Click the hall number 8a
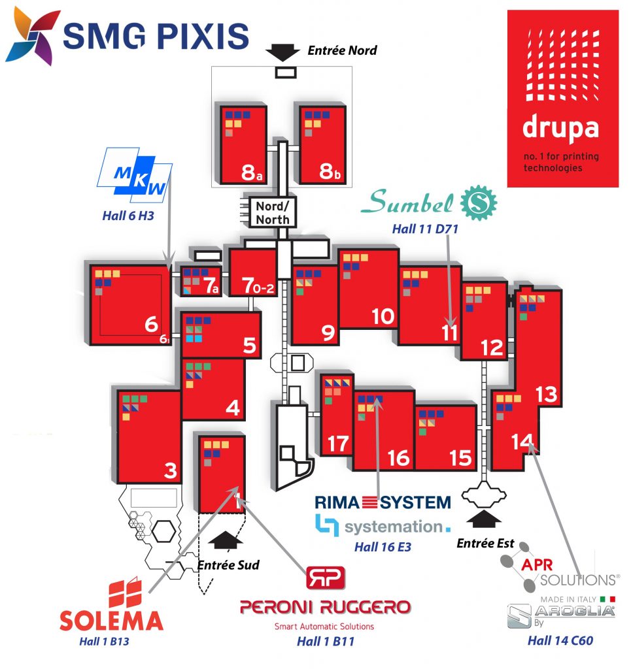(x=250, y=172)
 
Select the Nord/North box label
(x=272, y=212)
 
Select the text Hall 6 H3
(x=128, y=214)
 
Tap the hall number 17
(x=337, y=444)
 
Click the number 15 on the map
(x=461, y=458)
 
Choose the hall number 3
(x=170, y=470)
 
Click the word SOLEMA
(x=111, y=619)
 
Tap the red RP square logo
(x=326, y=578)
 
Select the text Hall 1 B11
(x=325, y=641)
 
